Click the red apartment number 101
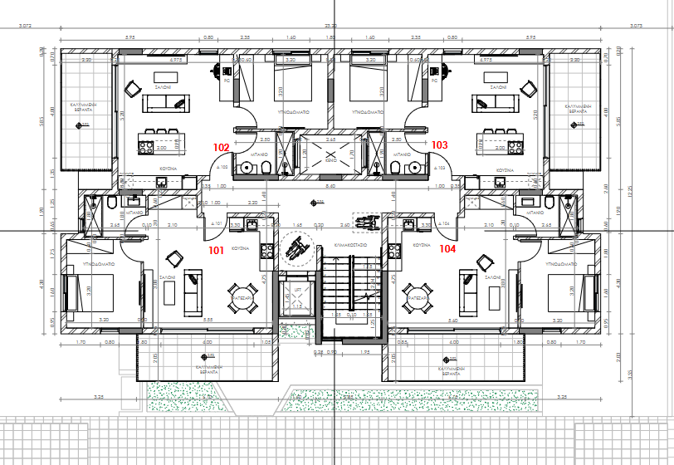216,248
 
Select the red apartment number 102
221,145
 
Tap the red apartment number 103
440,144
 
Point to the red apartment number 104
447,248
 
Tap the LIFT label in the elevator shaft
297,290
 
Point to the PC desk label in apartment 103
434,81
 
